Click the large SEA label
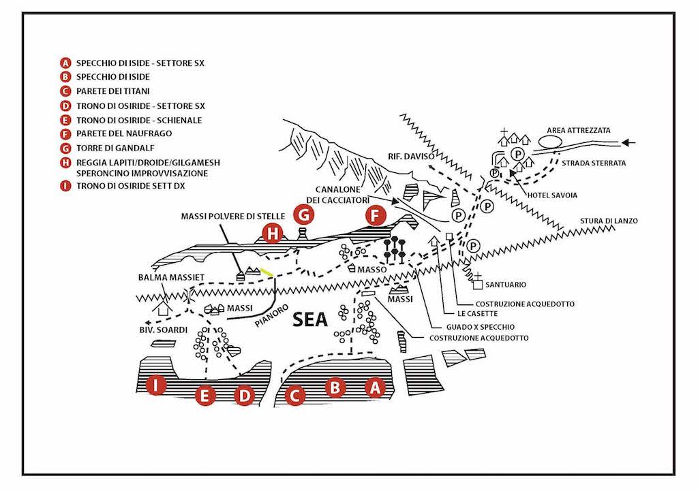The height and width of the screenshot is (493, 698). click(311, 319)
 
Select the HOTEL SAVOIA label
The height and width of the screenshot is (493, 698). click(552, 195)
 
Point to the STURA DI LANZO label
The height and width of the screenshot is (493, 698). click(609, 221)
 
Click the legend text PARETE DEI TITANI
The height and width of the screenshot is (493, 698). click(114, 91)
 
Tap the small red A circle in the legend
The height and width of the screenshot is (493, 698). click(65, 63)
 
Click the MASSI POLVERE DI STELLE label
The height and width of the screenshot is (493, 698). click(222, 217)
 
